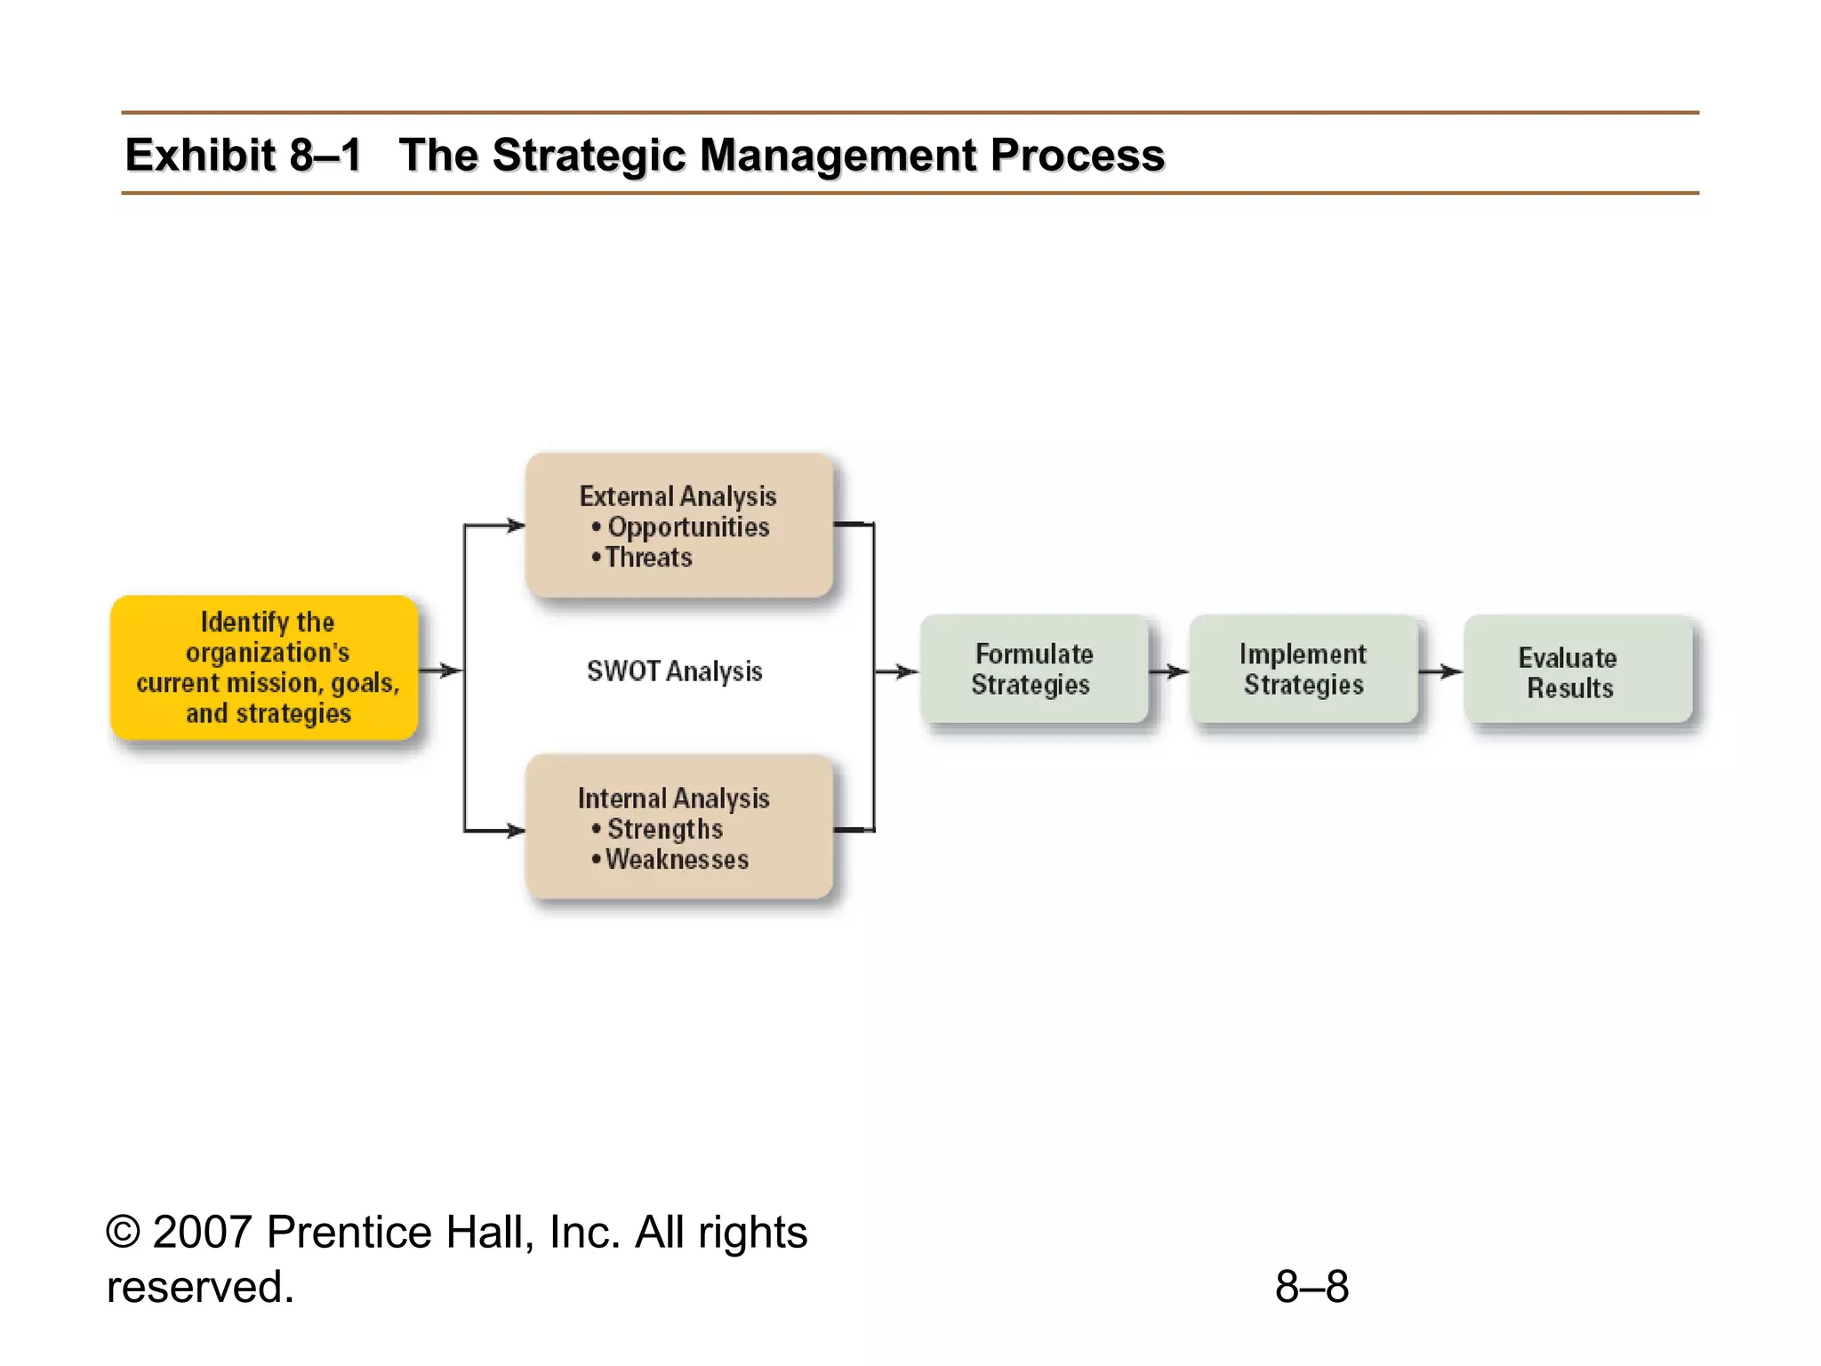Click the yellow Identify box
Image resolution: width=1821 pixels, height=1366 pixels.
pyautogui.click(x=264, y=667)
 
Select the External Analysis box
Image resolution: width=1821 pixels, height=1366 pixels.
pyautogui.click(x=678, y=525)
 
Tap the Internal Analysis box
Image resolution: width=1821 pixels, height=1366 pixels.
pyautogui.click(x=678, y=827)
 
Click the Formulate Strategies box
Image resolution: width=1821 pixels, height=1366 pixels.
pyautogui.click(x=1033, y=669)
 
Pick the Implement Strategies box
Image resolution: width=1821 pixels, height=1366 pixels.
pyautogui.click(x=1304, y=669)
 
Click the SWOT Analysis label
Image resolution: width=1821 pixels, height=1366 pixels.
pyautogui.click(x=674, y=671)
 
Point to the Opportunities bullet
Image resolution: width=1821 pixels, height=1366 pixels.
pyautogui.click(x=687, y=526)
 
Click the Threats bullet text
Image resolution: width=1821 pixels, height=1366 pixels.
pyautogui.click(x=648, y=558)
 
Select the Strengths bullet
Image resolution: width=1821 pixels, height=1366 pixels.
pyautogui.click(x=664, y=829)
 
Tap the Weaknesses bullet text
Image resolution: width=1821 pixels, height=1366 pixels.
pyautogui.click(x=677, y=860)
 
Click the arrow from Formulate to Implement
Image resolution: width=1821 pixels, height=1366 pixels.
pyautogui.click(x=1169, y=671)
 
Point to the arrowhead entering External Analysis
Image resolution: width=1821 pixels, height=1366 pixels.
pyautogui.click(x=516, y=526)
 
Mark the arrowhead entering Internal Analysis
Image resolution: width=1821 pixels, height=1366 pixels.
pyautogui.click(x=516, y=831)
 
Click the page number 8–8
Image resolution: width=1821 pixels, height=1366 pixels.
pyautogui.click(x=1312, y=1287)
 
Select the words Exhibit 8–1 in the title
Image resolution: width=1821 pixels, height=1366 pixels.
pyautogui.click(x=243, y=155)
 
